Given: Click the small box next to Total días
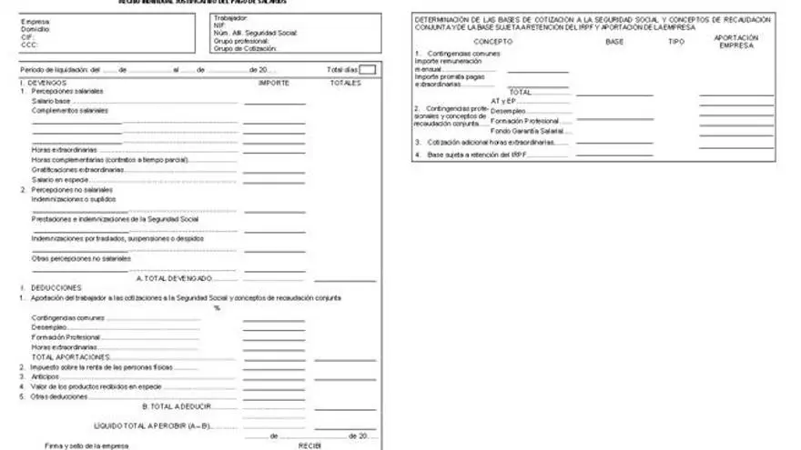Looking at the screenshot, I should coord(368,69).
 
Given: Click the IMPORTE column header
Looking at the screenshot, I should coord(274,83).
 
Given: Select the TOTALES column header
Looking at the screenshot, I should coord(345,83).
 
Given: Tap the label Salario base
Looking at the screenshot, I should coord(51,101).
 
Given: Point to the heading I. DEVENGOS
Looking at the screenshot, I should coord(38,83).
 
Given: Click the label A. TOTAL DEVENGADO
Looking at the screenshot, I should coord(175,277).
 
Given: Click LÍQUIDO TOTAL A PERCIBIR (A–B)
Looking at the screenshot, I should coord(153,425).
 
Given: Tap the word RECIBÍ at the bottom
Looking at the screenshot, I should coord(310,445).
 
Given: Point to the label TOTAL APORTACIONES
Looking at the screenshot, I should coord(71,356).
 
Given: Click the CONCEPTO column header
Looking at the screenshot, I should coord(493,41).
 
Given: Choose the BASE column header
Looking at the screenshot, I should coord(614,41).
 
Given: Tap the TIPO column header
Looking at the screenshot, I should coord(676,41).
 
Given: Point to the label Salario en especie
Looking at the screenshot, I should coord(60,179).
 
